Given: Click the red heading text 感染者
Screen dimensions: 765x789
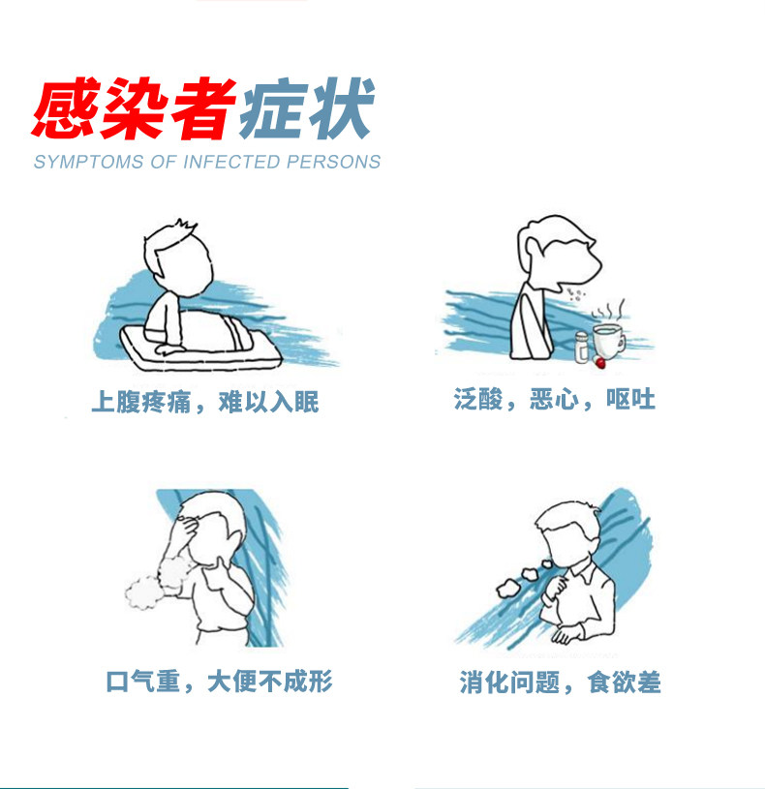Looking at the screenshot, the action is click(x=134, y=108).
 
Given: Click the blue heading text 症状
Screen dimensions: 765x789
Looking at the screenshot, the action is click(x=307, y=108).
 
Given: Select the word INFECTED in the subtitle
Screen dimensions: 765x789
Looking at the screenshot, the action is click(x=231, y=162).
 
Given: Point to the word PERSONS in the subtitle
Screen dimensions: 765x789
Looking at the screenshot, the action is click(x=334, y=162).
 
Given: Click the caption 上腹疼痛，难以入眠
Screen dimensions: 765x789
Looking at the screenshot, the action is click(x=205, y=402).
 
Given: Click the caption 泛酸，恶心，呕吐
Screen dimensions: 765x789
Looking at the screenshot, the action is click(x=554, y=399).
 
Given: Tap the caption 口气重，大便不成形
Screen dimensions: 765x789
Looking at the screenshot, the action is click(x=219, y=682).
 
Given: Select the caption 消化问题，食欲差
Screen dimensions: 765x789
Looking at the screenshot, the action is click(x=560, y=683).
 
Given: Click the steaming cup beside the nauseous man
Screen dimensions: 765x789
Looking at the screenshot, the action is click(x=608, y=341).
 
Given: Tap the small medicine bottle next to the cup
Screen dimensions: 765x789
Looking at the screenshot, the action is click(x=582, y=347).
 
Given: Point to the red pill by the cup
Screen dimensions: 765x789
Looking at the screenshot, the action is click(x=598, y=361).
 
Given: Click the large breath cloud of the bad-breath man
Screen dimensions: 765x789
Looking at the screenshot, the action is click(x=143, y=592).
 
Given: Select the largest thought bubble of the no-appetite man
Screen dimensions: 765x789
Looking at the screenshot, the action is click(x=508, y=589).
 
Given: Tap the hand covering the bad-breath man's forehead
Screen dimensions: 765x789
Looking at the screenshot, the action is click(x=187, y=526).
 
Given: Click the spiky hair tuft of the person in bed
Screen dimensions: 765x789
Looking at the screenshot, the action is click(x=185, y=225).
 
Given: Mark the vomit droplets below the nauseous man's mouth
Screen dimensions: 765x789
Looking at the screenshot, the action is click(x=574, y=295).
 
